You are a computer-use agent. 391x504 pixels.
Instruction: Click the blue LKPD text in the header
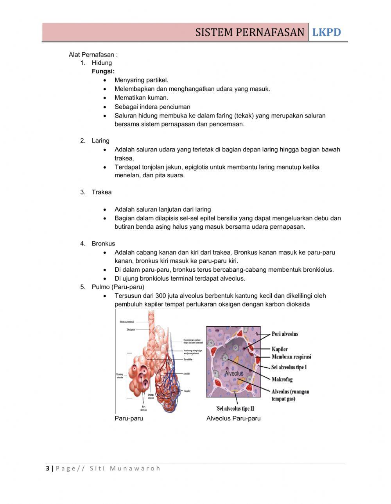326,32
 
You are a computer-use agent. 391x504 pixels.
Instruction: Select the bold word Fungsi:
103,71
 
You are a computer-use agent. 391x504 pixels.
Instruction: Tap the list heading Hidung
102,63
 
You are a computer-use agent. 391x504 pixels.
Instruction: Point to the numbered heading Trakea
102,192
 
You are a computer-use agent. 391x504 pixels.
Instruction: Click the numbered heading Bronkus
103,244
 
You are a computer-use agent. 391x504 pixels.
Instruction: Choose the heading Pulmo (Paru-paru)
118,287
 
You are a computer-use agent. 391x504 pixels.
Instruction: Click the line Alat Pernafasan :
93,54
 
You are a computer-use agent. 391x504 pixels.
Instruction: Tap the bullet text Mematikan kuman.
141,98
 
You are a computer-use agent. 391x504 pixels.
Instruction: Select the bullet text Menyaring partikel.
141,80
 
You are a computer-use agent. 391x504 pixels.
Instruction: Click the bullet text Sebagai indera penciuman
152,107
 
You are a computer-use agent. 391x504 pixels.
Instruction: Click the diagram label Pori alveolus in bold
285,334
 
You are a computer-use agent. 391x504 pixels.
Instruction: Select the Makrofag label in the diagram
282,379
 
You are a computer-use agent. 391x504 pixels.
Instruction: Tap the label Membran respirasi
291,357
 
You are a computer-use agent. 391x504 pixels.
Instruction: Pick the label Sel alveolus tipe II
235,409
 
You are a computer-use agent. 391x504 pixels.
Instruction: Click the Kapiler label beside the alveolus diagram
280,349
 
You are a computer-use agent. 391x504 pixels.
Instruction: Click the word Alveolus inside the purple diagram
234,373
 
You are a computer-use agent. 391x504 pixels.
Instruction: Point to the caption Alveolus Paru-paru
233,419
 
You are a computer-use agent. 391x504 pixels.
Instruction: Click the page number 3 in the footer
48,468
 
